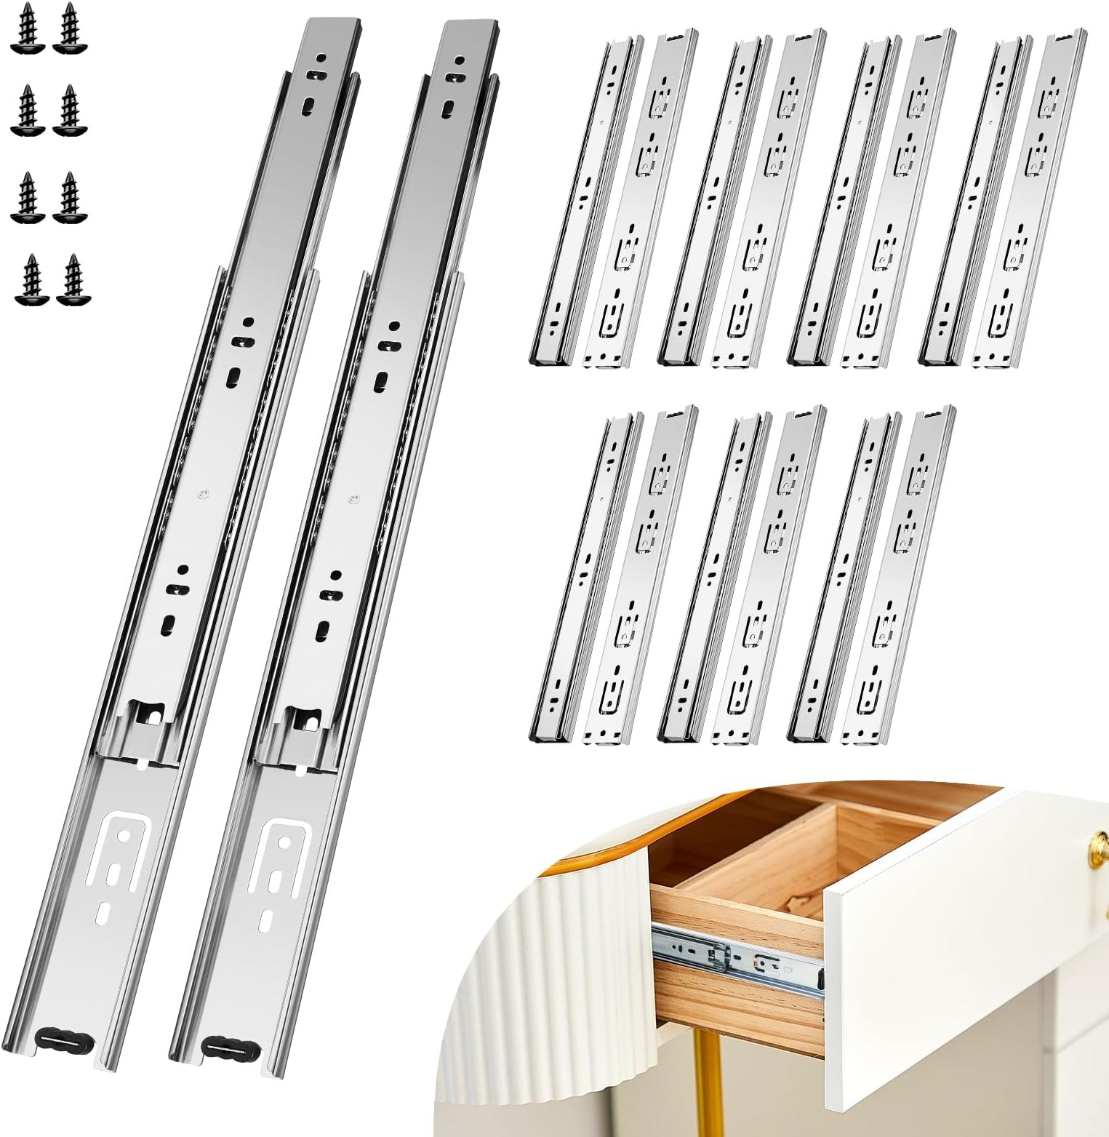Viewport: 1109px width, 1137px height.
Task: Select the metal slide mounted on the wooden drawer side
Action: click(x=734, y=953)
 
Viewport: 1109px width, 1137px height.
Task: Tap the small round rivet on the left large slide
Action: click(x=201, y=492)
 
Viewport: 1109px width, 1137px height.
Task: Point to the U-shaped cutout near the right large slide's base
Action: click(x=280, y=851)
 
